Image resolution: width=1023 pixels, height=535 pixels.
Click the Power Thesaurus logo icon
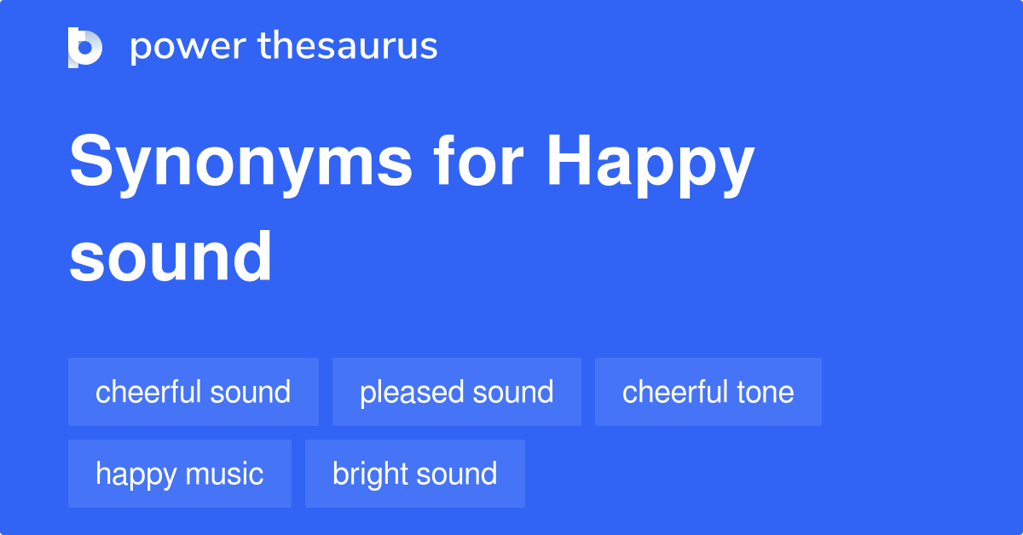[85, 47]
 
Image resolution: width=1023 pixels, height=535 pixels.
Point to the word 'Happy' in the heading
[650, 164]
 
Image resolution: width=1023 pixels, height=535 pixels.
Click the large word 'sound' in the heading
[170, 256]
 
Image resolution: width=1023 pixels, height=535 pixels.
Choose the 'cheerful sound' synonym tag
[194, 392]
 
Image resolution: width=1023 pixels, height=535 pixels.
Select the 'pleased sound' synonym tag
[457, 392]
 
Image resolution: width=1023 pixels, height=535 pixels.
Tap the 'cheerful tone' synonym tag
[708, 392]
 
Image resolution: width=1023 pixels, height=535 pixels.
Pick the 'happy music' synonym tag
[180, 474]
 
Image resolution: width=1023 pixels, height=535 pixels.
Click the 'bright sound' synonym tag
[415, 474]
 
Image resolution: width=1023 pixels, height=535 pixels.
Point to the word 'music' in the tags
[227, 474]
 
